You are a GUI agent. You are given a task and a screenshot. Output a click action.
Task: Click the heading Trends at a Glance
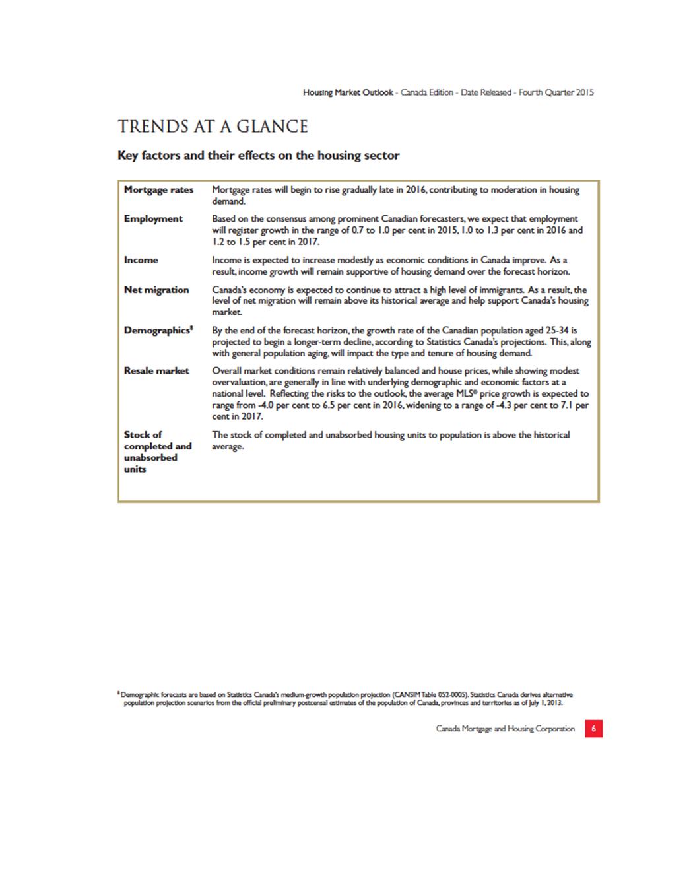(x=213, y=127)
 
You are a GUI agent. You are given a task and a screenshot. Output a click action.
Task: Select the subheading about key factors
(x=258, y=156)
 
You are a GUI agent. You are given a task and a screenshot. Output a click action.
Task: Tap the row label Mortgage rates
(x=158, y=190)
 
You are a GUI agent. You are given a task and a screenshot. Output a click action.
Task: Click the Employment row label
(x=153, y=219)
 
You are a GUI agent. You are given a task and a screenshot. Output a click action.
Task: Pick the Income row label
(x=141, y=260)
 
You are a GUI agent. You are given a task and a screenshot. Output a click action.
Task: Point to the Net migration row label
(x=156, y=290)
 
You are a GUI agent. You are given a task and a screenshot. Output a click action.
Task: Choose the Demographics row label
(x=158, y=330)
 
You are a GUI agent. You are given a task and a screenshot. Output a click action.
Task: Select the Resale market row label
(x=156, y=371)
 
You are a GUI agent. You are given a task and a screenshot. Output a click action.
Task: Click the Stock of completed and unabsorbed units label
(x=157, y=451)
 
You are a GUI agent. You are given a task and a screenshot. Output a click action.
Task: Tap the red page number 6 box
(x=593, y=729)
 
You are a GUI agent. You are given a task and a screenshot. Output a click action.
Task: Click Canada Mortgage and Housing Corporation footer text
(x=505, y=729)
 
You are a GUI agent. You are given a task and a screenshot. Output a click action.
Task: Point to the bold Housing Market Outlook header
(x=348, y=92)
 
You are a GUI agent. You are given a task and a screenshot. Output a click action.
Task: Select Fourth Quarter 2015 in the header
(x=556, y=92)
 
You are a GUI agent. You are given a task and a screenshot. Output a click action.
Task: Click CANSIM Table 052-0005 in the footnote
(x=429, y=695)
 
